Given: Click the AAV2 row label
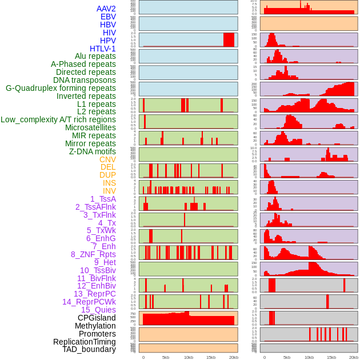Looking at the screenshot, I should pyautogui.click(x=106, y=9).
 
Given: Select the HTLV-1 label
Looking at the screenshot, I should pyautogui.click(x=103, y=49).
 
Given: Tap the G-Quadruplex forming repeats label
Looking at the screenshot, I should pyautogui.click(x=61, y=88).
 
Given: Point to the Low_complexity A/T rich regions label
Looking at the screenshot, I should pyautogui.click(x=58, y=119).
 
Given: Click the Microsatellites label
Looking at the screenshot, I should pyautogui.click(x=90, y=127).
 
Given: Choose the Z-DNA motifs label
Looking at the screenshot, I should pyautogui.click(x=93, y=151).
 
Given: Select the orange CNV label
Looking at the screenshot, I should pyautogui.click(x=107, y=159).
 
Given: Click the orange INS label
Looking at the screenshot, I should pyautogui.click(x=109, y=183).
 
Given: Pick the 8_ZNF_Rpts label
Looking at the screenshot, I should pyautogui.click(x=93, y=254).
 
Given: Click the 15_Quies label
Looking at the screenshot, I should pyautogui.click(x=98, y=310).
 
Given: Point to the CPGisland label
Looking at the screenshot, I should pyautogui.click(x=97, y=318).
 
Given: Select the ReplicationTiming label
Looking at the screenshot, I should pyautogui.click(x=85, y=342).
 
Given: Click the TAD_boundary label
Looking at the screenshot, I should pyautogui.click(x=89, y=349).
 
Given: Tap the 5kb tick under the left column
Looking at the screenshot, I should pyautogui.click(x=166, y=357).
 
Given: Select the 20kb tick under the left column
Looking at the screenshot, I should pyautogui.click(x=233, y=357).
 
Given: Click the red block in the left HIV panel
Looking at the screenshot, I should pyautogui.click(x=229, y=39).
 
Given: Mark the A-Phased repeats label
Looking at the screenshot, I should pyautogui.click(x=83, y=64).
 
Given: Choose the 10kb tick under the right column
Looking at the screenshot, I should pyautogui.click(x=309, y=357).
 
